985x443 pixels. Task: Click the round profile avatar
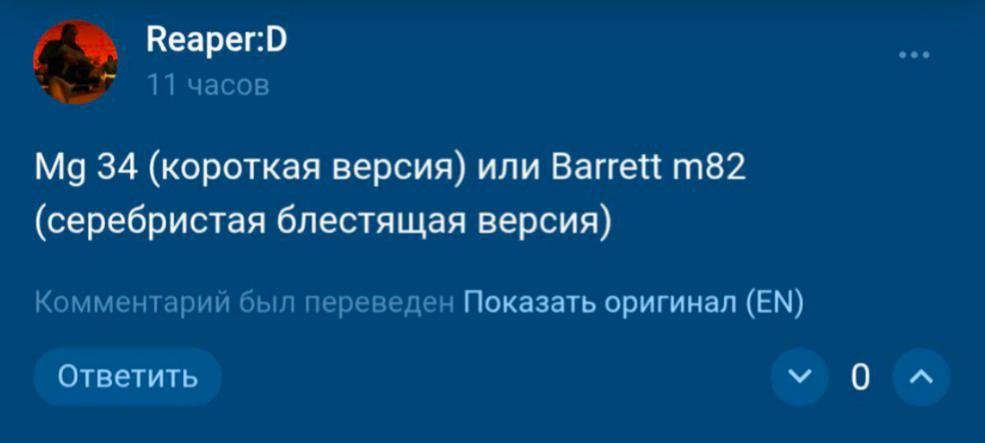click(75, 61)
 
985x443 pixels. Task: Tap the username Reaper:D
click(216, 41)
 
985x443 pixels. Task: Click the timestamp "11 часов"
click(208, 85)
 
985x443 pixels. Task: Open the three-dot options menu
click(914, 55)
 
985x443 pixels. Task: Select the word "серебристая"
click(156, 223)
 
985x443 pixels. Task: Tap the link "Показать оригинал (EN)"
click(633, 304)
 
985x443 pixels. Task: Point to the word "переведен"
click(379, 305)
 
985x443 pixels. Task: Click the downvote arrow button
click(799, 377)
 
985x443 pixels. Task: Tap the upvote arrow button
click(921, 377)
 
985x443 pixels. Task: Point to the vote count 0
click(861, 377)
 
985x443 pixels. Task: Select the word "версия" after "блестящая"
click(539, 224)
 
